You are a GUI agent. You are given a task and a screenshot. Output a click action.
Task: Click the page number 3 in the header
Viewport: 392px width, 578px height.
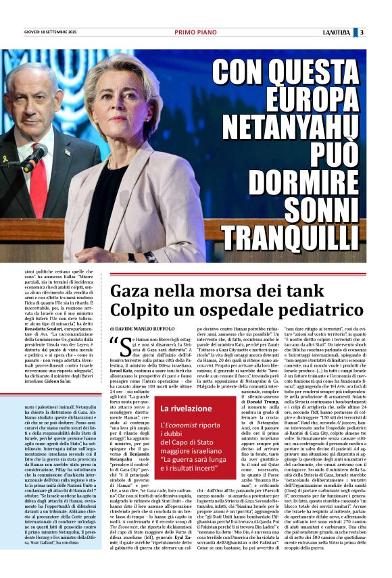click(381, 32)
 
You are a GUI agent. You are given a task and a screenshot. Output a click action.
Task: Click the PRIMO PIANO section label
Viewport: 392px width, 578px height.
click(195, 32)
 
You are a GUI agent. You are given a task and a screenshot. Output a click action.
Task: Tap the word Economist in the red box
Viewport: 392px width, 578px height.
click(193, 424)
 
